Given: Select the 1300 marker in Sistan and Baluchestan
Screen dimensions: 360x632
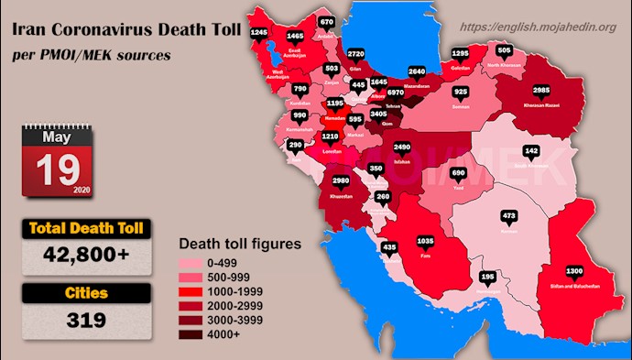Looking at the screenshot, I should pos(575,271).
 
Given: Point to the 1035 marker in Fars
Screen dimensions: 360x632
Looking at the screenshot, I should pos(424,242).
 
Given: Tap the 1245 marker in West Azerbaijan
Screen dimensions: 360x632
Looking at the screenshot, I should pos(259,33).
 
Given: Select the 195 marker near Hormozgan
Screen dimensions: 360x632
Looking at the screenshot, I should pos(488,276).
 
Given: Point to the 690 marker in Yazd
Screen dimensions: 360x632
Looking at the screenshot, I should pos(459,172).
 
